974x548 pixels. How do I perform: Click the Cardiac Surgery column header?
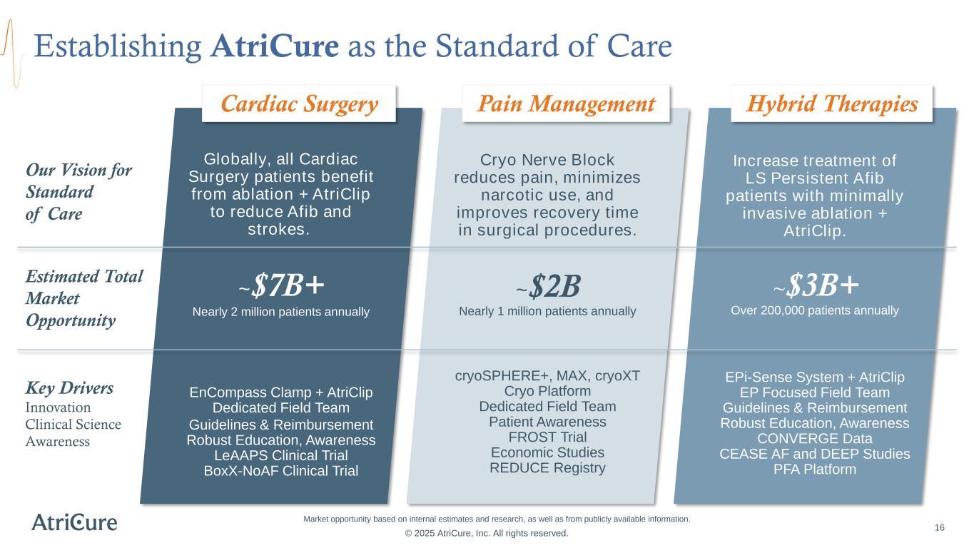point(299,104)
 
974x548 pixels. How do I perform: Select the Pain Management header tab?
point(566,104)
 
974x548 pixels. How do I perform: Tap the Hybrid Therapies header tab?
point(831,104)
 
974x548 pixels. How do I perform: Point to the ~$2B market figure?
point(547,287)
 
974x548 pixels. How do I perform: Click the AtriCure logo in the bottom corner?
point(74,522)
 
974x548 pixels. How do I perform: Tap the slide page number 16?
point(939,527)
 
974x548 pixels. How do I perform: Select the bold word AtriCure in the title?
point(275,46)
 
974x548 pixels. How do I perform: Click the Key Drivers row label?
point(69,388)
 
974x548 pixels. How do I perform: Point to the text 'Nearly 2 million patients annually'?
point(281,312)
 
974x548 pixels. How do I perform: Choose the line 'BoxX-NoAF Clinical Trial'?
point(281,471)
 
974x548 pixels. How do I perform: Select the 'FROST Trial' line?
point(547,437)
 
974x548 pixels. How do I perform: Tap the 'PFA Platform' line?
point(815,470)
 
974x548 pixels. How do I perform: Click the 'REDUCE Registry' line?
point(547,468)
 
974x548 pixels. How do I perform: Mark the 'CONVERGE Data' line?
point(815,438)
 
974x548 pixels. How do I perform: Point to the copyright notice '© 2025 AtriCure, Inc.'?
point(487,533)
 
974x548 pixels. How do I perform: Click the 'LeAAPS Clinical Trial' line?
point(281,455)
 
